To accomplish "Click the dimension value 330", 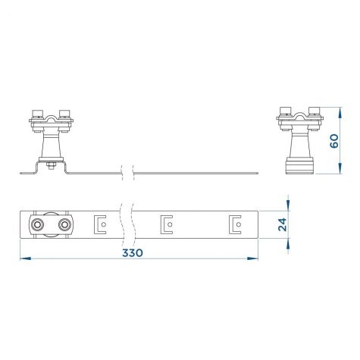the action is pos(133,252).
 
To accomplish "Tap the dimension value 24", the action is pos(283,224).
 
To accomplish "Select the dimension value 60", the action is pos(334,141).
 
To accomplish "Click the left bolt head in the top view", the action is pos(37,224).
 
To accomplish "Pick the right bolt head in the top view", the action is pos(64,224).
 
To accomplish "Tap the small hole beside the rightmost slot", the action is pos(238,224).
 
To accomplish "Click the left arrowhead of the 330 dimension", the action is pos(25,258).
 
